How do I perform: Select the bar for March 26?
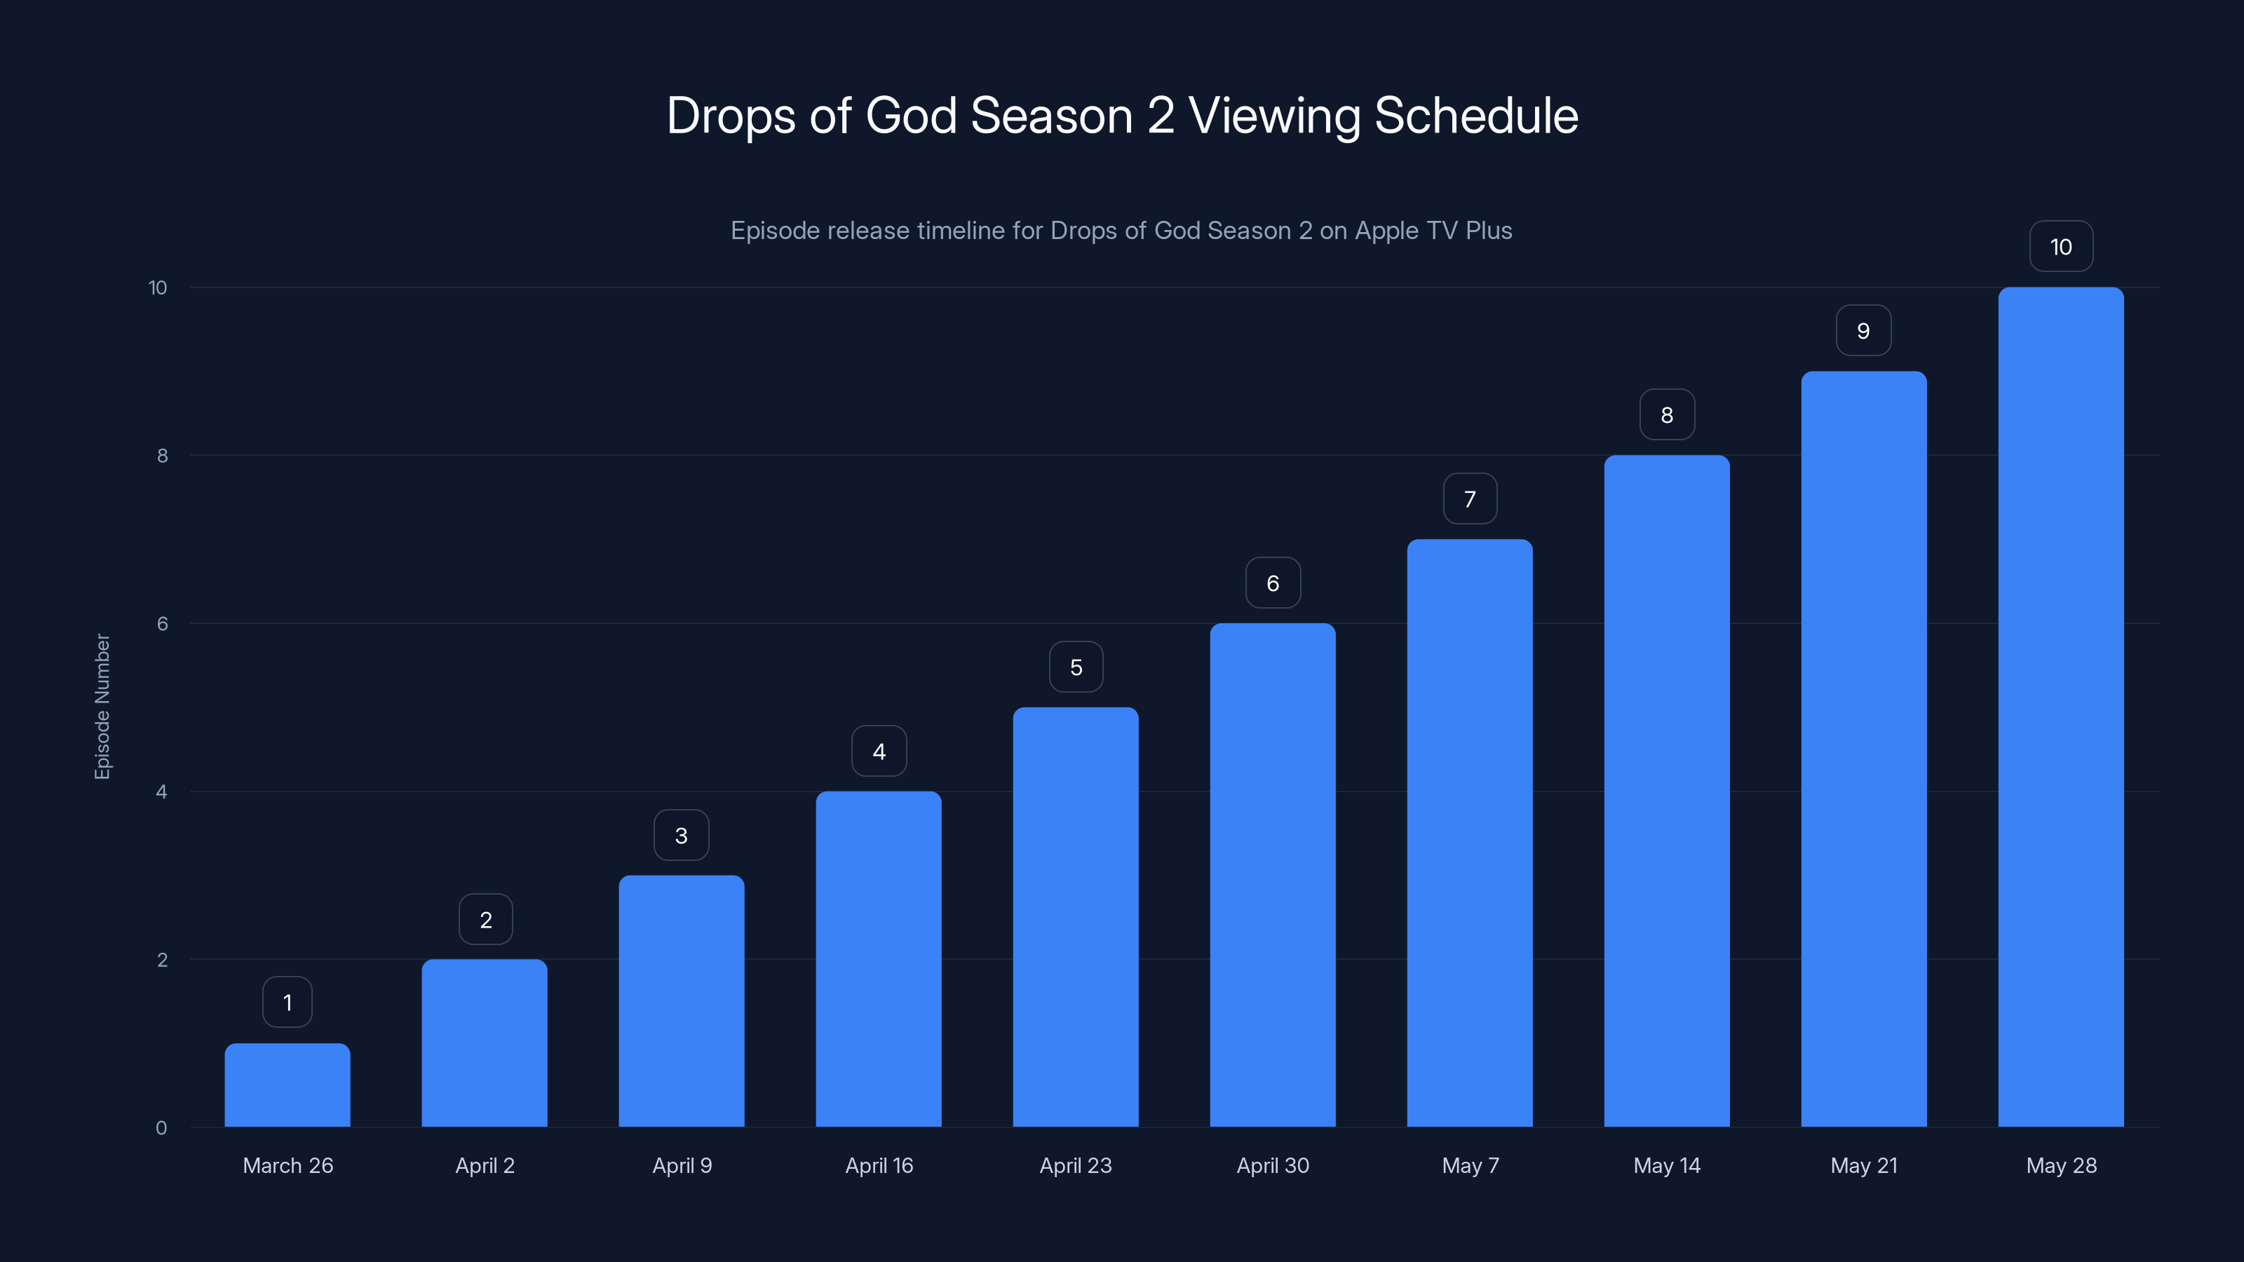pyautogui.click(x=288, y=1085)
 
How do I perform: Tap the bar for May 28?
pyautogui.click(x=2060, y=706)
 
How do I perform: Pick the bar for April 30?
pyautogui.click(x=1272, y=874)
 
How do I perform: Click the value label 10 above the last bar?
pyautogui.click(x=2060, y=247)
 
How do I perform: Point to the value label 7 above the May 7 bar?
pyautogui.click(x=1470, y=499)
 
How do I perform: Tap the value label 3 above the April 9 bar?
pyautogui.click(x=681, y=835)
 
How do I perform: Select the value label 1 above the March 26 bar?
pyautogui.click(x=288, y=1003)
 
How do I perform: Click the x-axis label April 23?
pyautogui.click(x=1075, y=1165)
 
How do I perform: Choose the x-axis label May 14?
pyautogui.click(x=1666, y=1165)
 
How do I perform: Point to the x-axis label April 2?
pyautogui.click(x=485, y=1165)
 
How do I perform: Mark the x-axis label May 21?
pyautogui.click(x=1863, y=1165)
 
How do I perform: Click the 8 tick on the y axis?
pyautogui.click(x=162, y=456)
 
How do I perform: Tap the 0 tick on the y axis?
pyautogui.click(x=161, y=1128)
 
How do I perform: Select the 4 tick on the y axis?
pyautogui.click(x=161, y=792)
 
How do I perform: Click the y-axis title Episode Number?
pyautogui.click(x=102, y=706)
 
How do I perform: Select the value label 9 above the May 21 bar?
pyautogui.click(x=1863, y=331)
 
